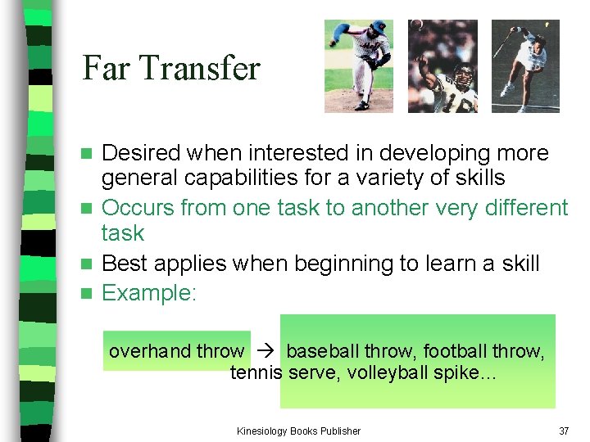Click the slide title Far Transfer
click(170, 67)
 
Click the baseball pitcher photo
click(358, 65)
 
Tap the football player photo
click(442, 65)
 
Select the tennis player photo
click(525, 65)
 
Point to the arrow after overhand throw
click(265, 352)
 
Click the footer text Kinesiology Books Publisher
click(298, 431)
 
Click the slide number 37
click(563, 431)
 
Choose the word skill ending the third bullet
click(518, 264)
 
